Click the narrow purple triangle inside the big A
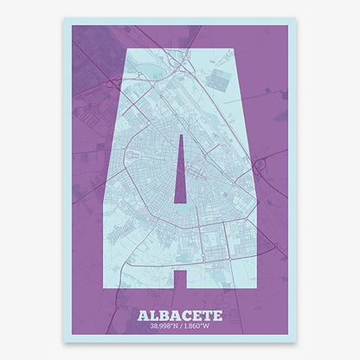click(180, 177)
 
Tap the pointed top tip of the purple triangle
click(180, 137)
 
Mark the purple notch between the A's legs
click(180, 279)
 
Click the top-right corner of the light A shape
click(232, 50)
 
